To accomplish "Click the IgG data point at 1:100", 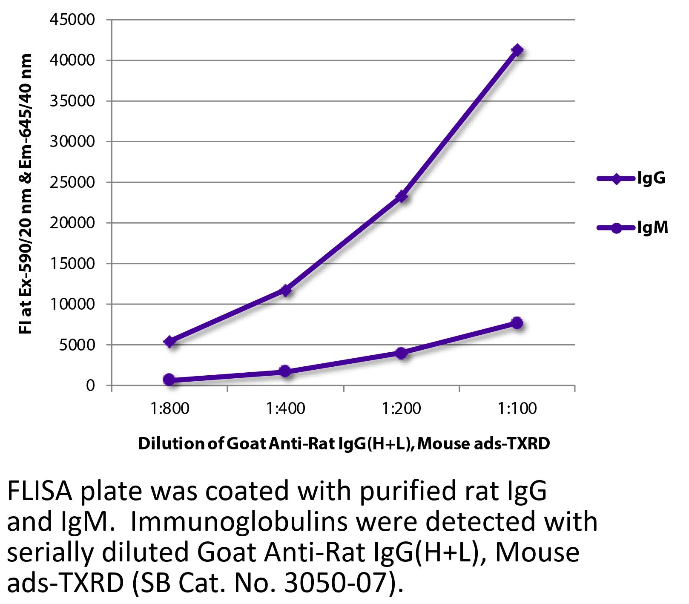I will [x=517, y=50].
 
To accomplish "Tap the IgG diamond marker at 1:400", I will [x=285, y=290].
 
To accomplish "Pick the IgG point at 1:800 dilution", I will [x=169, y=342].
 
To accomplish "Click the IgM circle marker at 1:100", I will [x=517, y=323].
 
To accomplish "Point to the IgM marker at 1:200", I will [x=401, y=353].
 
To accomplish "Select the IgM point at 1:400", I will [x=285, y=371].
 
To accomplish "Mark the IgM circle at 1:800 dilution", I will [x=169, y=380].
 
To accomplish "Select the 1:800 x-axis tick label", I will [x=169, y=409].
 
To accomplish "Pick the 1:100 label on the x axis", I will [x=517, y=409].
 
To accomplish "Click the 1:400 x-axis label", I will [x=285, y=409].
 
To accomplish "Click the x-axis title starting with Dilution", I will [x=344, y=444].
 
